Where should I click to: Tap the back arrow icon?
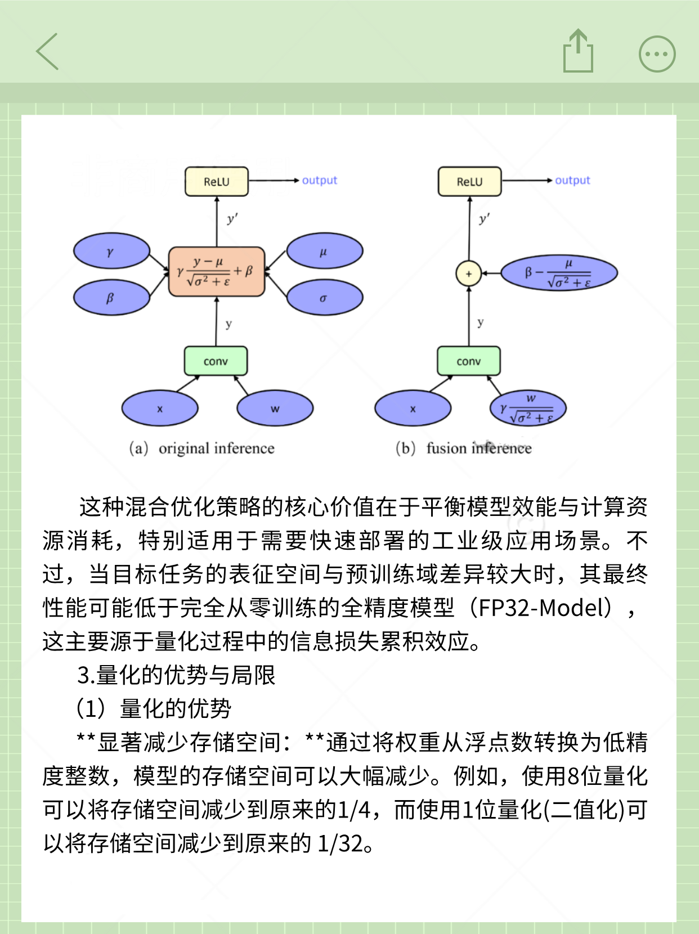coord(48,52)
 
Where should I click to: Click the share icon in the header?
coord(578,52)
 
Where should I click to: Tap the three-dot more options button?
coord(657,55)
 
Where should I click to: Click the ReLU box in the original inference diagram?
coord(217,181)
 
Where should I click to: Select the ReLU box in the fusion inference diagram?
coord(469,181)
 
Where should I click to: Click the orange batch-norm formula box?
coord(217,271)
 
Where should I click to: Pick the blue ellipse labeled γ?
coord(111,252)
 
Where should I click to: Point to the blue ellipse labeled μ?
coord(324,252)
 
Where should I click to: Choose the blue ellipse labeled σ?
coord(324,298)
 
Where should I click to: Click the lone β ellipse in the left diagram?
coord(111,298)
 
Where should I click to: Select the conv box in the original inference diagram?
coord(216,361)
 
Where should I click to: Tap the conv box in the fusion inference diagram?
coord(468,361)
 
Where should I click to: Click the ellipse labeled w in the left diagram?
coord(275,408)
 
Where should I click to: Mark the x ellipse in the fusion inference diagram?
coord(413,408)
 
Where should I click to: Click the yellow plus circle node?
coord(468,274)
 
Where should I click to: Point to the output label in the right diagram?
coord(572,180)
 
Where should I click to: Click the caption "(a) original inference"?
coord(202,448)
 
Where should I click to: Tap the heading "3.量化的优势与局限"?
coord(176,675)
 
